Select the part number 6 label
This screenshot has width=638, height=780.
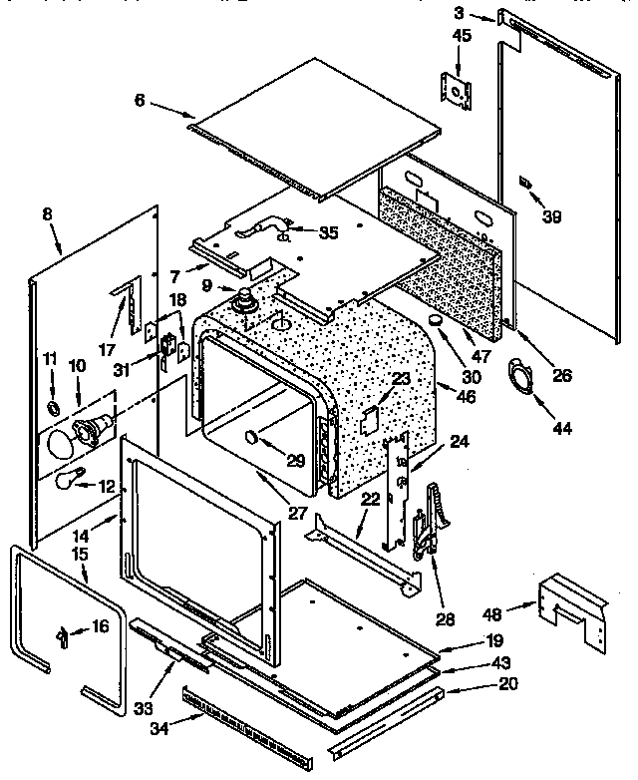141,101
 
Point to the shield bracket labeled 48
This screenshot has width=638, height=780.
572,606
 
